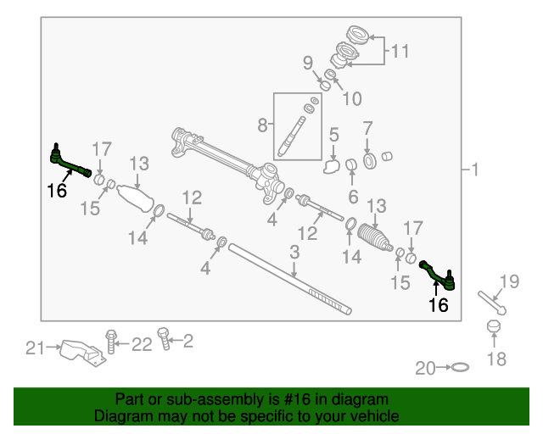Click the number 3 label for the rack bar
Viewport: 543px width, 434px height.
[294, 253]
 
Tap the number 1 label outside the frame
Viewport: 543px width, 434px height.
[475, 170]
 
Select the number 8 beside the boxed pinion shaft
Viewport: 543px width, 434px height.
[262, 125]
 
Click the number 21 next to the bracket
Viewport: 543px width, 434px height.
[35, 348]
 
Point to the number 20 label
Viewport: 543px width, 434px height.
[425, 368]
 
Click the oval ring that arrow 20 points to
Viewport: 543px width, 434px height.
[460, 367]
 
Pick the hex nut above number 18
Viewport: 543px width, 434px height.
[494, 326]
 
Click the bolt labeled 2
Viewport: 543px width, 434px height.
[164, 338]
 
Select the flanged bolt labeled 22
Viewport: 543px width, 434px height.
[111, 342]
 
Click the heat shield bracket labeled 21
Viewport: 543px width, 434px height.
[83, 353]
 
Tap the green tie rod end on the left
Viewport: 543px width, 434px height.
[70, 162]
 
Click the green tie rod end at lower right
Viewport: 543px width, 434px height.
[438, 275]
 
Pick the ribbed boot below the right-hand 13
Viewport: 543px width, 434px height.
[375, 237]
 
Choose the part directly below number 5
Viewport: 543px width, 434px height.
[332, 166]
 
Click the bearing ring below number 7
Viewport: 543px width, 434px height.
[370, 161]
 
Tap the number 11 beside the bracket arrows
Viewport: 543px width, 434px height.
[400, 51]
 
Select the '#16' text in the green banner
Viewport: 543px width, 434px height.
[298, 399]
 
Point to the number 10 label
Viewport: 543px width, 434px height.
[352, 98]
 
